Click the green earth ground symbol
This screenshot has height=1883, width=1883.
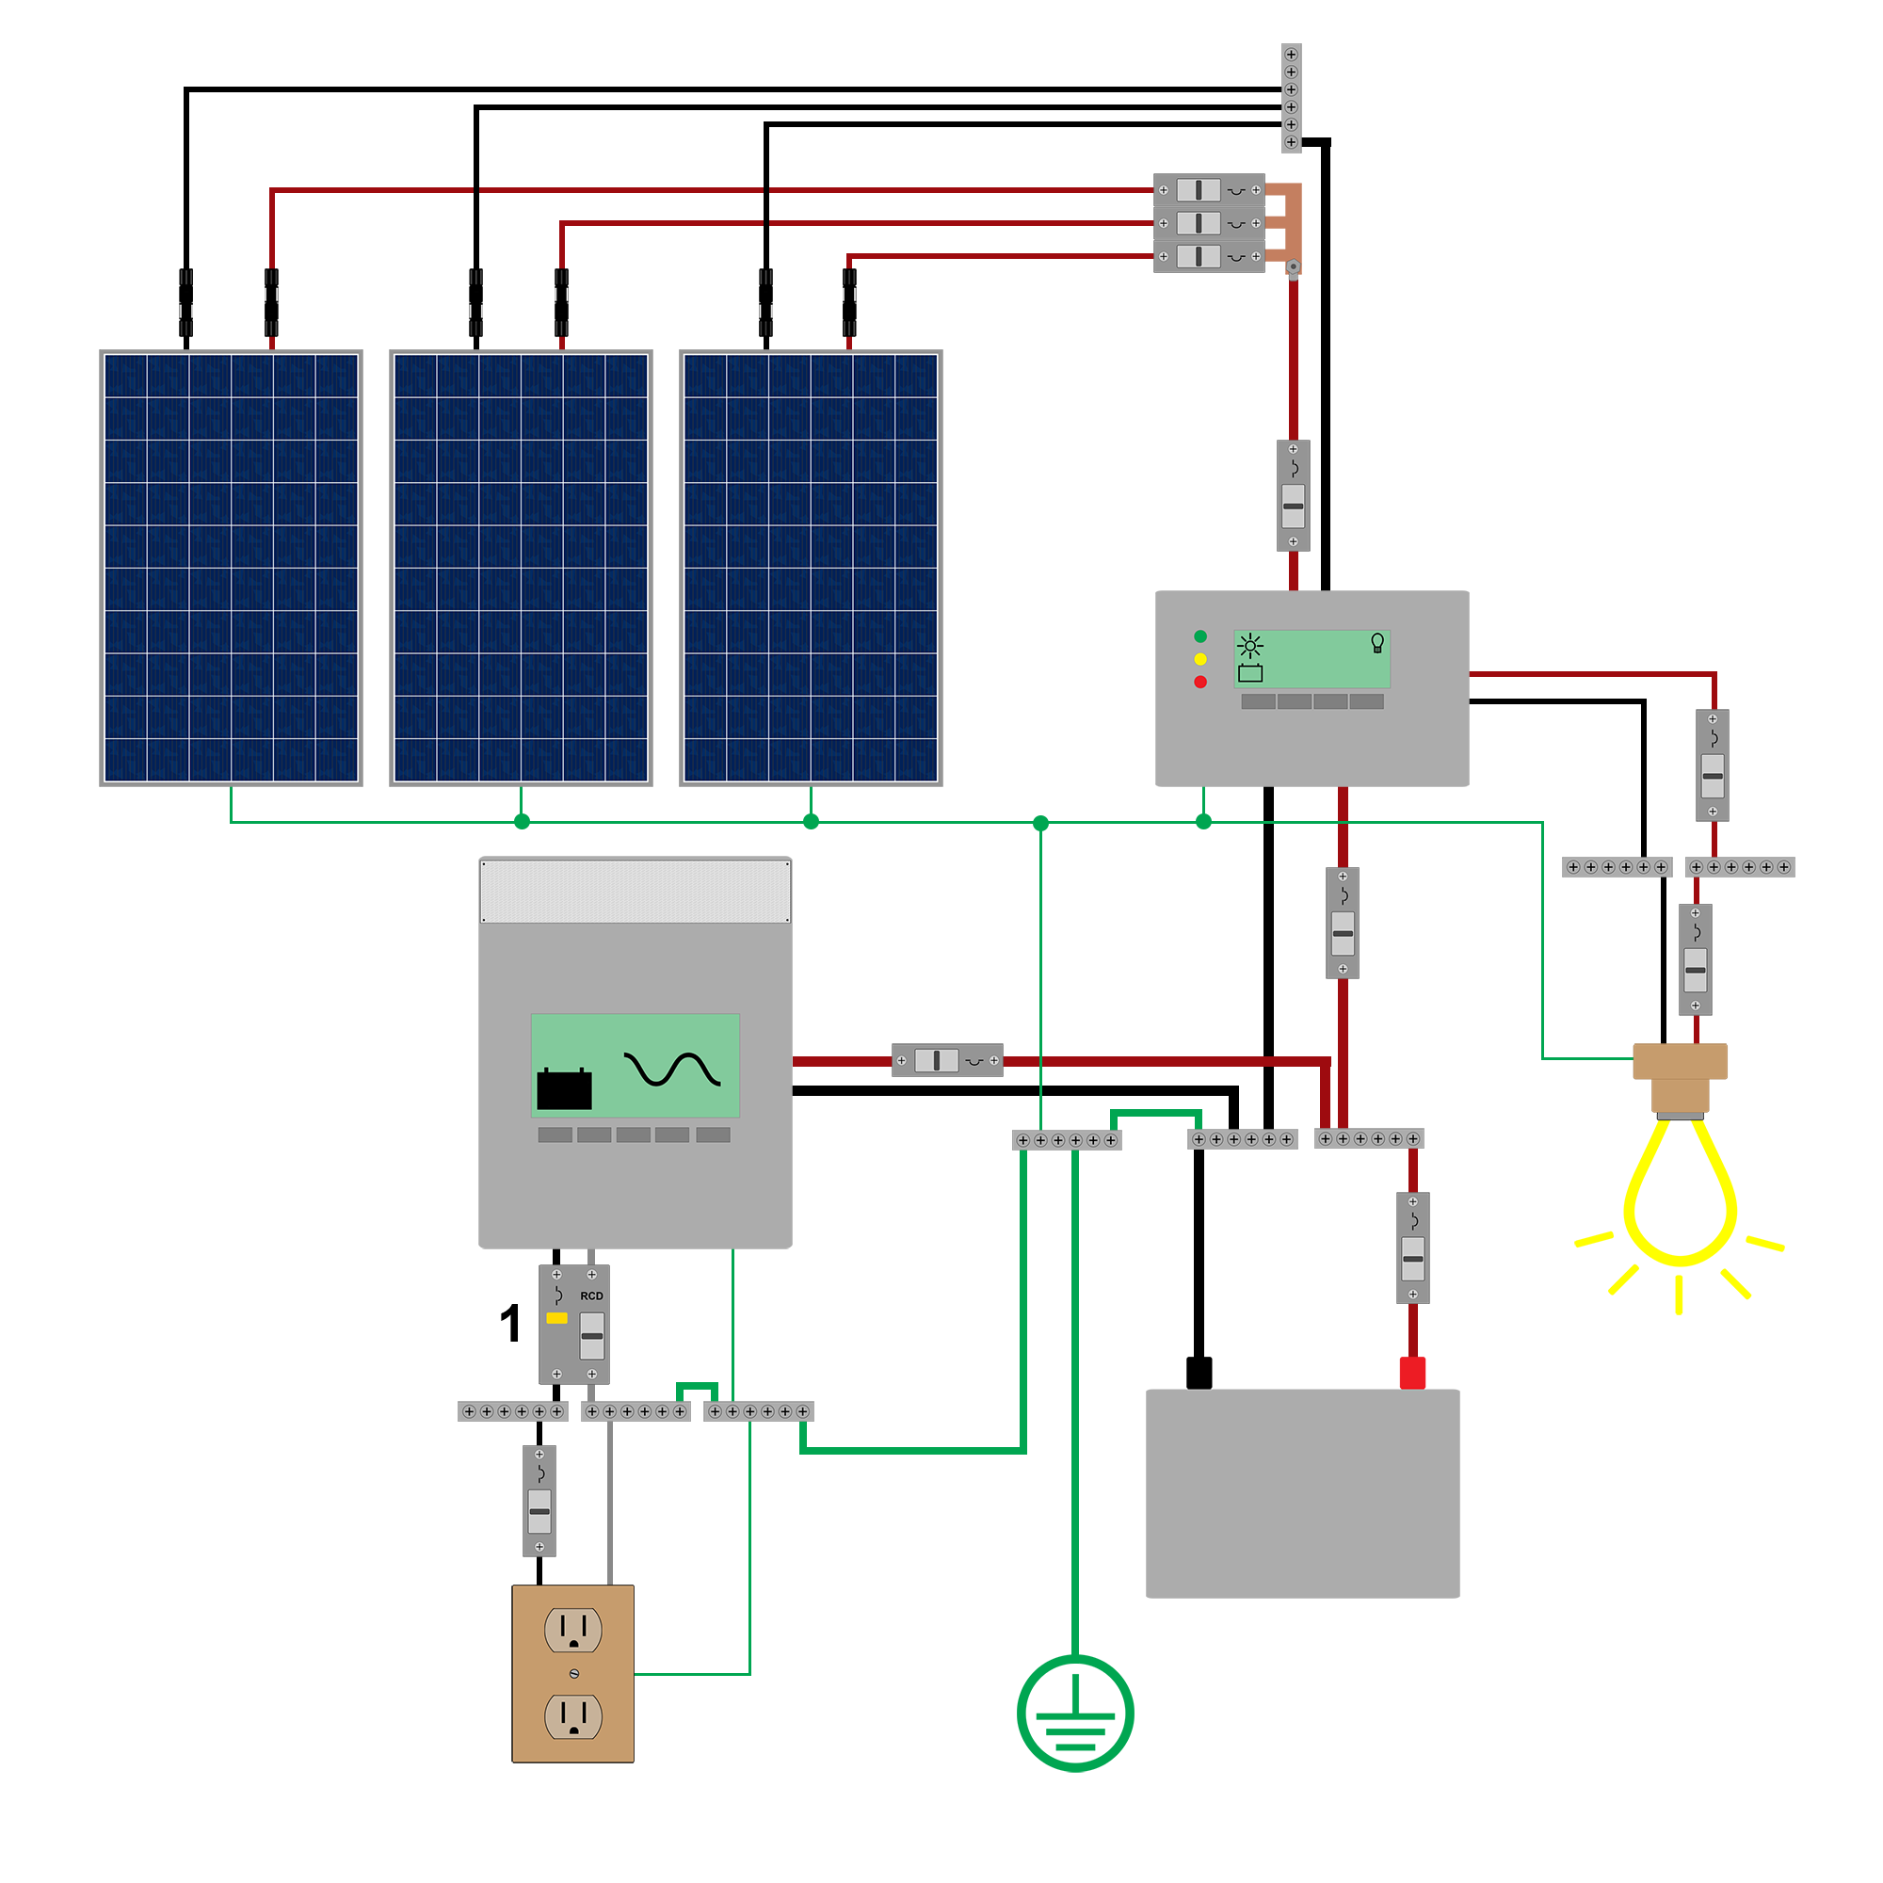click(1075, 1714)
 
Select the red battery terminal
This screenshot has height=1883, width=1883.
click(1412, 1373)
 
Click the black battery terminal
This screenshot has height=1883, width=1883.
click(1199, 1373)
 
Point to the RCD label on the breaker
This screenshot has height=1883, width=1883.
click(591, 1296)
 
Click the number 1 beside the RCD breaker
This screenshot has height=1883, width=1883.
click(509, 1324)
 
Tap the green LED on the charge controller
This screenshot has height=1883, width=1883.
click(1200, 636)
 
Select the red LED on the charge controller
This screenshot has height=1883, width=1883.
click(1200, 683)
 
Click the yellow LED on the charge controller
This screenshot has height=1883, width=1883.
click(1200, 660)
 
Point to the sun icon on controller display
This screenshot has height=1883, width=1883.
click(1250, 645)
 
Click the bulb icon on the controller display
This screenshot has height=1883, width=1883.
click(1377, 643)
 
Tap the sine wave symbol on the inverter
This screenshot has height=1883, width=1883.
click(672, 1070)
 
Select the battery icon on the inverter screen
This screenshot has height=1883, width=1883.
click(564, 1087)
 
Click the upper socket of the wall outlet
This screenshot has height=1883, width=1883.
click(573, 1630)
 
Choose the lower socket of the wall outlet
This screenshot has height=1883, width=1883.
click(573, 1716)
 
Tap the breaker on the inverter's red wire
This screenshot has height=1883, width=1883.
click(947, 1060)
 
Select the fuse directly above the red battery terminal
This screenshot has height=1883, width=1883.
click(1413, 1247)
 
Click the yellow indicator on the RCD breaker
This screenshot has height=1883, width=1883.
click(556, 1318)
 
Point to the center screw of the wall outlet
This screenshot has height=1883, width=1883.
click(574, 1673)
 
